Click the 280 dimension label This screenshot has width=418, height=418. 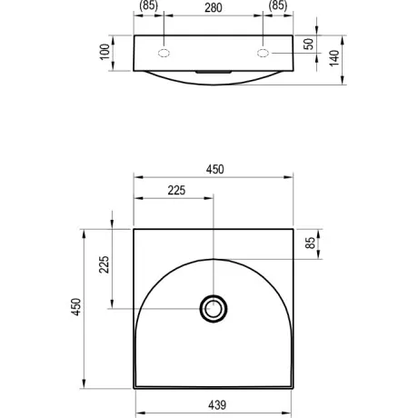tap(214, 8)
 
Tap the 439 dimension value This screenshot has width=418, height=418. tap(217, 404)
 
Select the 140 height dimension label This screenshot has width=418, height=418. tap(334, 58)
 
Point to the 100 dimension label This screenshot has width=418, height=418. tap(104, 52)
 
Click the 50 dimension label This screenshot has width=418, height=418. tap(309, 45)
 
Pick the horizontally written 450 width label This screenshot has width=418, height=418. tap(215, 169)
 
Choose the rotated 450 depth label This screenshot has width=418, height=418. tap(76, 307)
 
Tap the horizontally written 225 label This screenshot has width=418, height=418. tap(176, 190)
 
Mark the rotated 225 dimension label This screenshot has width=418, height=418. tap(104, 264)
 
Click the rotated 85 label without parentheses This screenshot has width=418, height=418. tap(311, 243)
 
